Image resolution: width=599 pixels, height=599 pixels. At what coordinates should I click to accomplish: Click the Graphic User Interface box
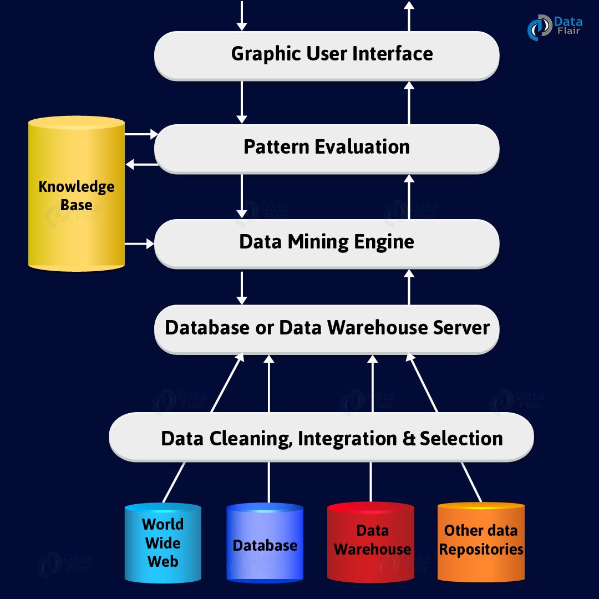[327, 54]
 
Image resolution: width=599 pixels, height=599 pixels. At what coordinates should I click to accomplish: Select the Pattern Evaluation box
[327, 148]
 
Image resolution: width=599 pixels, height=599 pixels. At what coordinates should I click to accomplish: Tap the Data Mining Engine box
[327, 243]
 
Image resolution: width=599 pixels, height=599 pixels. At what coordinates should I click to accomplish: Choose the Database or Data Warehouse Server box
[327, 328]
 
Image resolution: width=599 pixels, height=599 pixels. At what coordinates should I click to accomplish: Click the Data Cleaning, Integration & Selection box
[322, 438]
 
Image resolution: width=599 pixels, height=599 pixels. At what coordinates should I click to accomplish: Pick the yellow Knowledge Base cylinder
[77, 194]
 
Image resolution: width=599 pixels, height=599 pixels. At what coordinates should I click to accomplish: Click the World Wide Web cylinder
[163, 542]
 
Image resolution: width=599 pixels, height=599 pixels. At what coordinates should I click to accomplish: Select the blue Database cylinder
[265, 544]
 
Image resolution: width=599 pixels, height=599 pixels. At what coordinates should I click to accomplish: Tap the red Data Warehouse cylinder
[371, 542]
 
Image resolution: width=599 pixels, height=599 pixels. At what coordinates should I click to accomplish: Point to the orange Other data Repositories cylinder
[481, 541]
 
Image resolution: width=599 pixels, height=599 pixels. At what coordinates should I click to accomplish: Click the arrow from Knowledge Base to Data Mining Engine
[139, 243]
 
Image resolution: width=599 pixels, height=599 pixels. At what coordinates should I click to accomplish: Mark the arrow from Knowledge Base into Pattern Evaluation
[141, 134]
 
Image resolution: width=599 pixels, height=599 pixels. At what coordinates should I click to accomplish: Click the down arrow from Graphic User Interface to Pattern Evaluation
[242, 102]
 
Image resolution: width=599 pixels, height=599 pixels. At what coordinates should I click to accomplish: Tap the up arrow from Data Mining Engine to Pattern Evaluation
[409, 197]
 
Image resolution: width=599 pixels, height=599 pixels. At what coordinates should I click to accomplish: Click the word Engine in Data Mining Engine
[386, 243]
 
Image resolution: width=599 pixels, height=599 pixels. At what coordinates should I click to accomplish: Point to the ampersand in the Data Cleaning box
[409, 438]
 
